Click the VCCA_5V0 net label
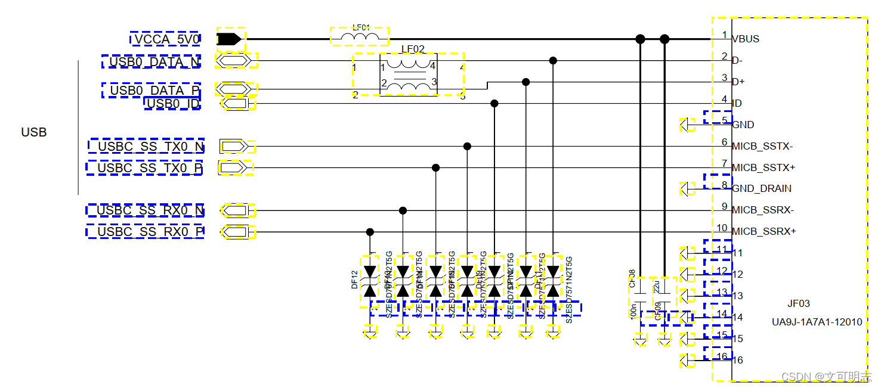tap(165, 39)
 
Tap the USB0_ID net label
tap(172, 104)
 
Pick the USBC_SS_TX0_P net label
tap(149, 168)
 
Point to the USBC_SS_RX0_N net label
tap(150, 210)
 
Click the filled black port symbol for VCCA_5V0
tap(229, 39)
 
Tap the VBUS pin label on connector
tap(746, 39)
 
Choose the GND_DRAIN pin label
tap(762, 188)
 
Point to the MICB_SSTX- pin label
tap(762, 146)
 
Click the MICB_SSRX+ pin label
tap(763, 231)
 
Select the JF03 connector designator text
tap(798, 303)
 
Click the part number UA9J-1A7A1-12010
tap(817, 322)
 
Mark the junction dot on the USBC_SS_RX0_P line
tap(370, 232)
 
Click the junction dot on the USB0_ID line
tap(494, 104)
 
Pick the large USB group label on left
tap(34, 132)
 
